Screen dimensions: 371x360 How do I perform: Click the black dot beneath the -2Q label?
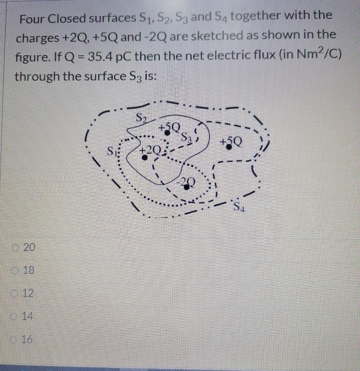pos(187,187)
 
